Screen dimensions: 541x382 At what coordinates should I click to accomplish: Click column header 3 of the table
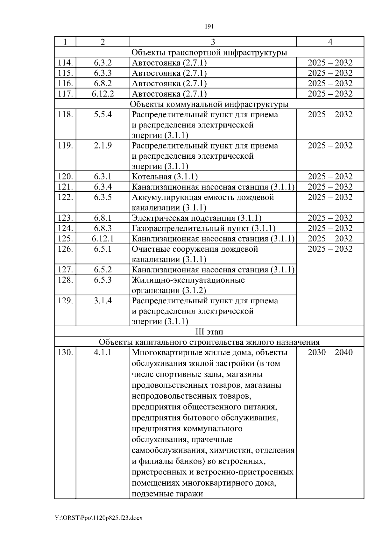(213, 42)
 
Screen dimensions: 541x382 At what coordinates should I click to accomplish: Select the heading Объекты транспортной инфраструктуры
(209, 52)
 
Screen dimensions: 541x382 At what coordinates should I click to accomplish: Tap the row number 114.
(65, 63)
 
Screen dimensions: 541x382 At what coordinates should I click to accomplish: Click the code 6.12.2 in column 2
(103, 94)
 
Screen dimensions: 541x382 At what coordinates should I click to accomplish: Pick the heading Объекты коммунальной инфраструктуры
(209, 104)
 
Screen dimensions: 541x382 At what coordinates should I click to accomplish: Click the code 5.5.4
(103, 115)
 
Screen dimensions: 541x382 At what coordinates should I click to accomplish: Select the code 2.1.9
(103, 146)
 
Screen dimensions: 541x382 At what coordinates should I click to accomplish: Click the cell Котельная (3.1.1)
(165, 177)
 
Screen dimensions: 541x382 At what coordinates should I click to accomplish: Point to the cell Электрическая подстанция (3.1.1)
(196, 218)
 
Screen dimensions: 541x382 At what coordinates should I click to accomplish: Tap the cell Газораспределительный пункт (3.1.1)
(203, 228)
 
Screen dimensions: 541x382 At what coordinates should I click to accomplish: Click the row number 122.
(65, 197)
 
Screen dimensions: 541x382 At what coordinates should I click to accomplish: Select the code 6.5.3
(103, 280)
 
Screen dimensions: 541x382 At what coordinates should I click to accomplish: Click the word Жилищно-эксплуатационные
(188, 280)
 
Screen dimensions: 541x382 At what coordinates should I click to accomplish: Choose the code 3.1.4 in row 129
(103, 301)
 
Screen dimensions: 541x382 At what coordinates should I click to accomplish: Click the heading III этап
(209, 332)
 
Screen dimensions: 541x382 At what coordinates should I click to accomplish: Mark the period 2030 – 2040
(330, 352)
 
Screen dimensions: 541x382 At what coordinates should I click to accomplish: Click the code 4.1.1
(103, 352)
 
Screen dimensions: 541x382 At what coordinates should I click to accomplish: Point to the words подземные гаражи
(167, 494)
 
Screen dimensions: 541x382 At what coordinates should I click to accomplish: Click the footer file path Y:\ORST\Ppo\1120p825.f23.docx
(99, 518)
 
